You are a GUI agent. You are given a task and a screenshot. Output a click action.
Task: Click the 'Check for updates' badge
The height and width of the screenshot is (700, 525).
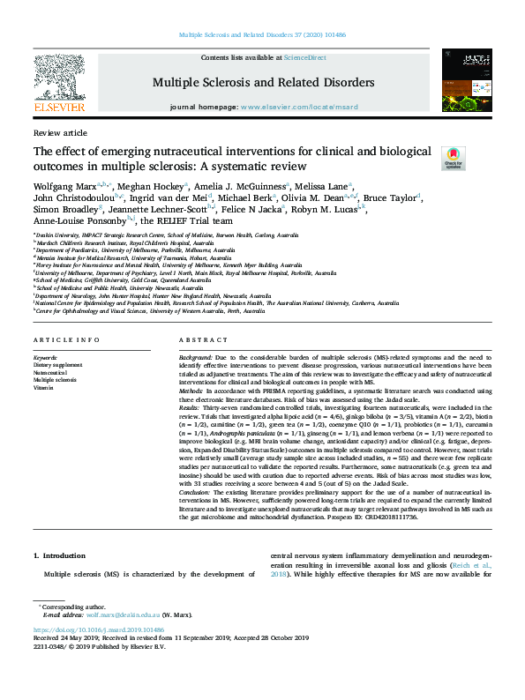[453, 158]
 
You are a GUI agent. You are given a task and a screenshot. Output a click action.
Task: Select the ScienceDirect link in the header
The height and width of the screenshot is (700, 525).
[306, 56]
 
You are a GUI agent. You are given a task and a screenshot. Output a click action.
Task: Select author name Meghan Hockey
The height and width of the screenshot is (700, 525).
[155, 186]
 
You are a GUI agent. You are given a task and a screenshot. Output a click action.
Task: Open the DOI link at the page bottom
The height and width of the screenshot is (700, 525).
[97, 630]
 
